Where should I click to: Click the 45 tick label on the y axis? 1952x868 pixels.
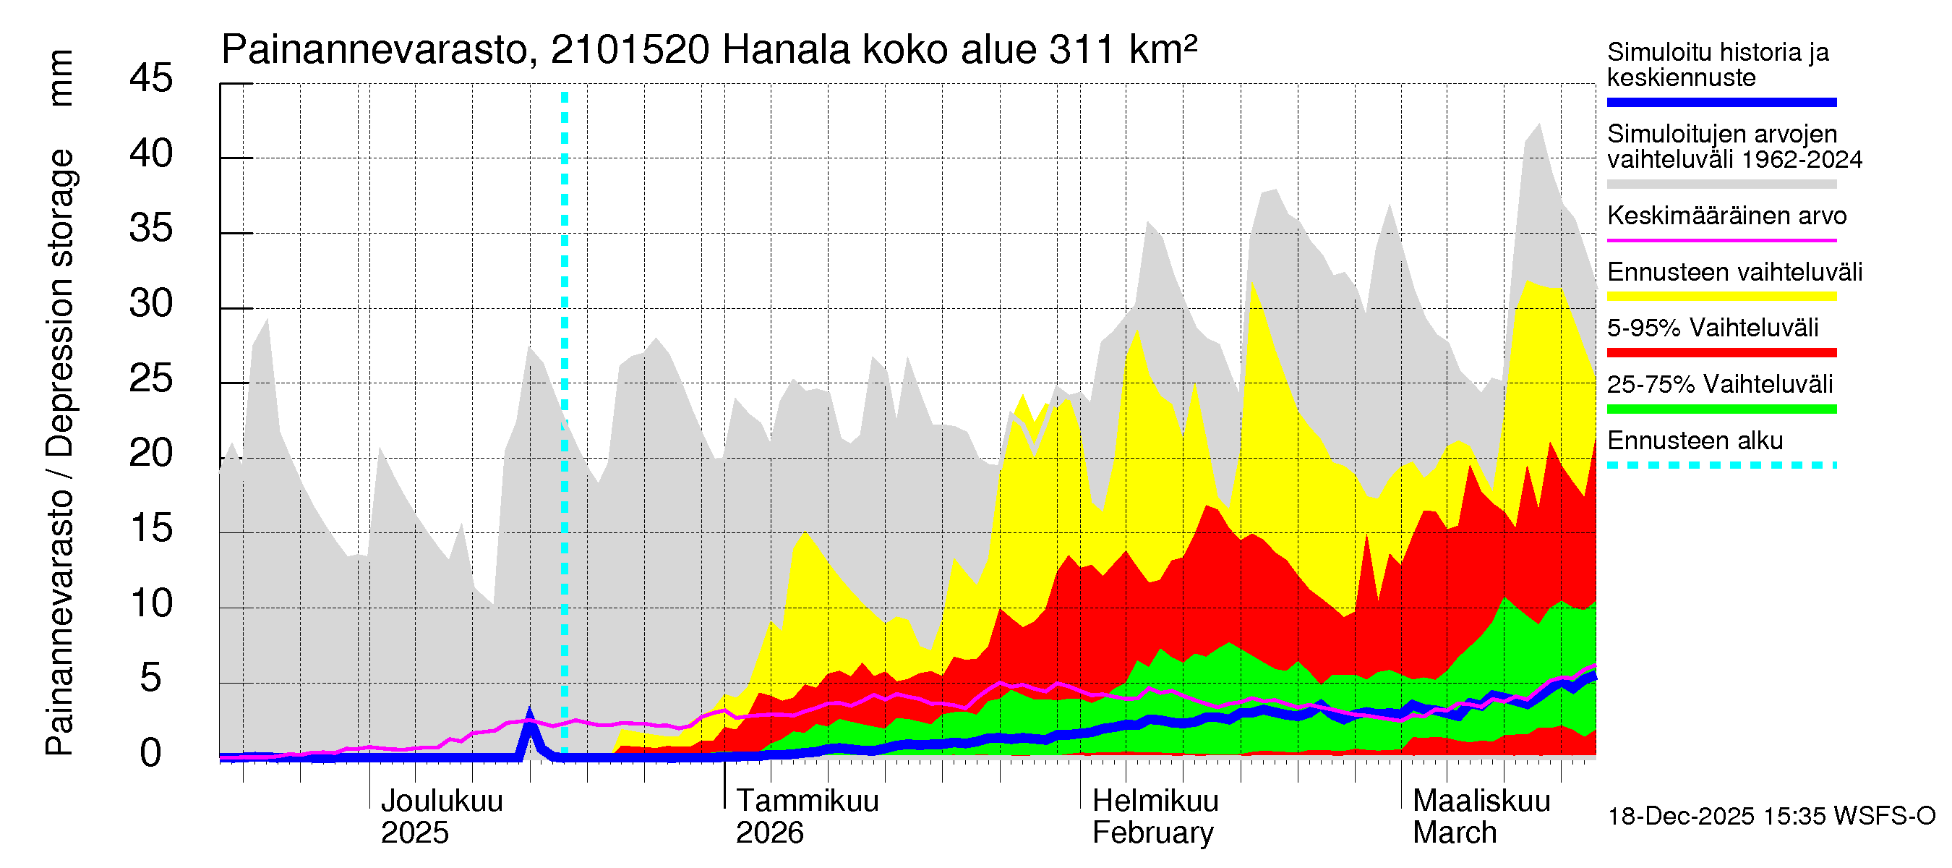click(151, 79)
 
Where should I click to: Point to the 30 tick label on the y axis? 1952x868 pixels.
click(151, 304)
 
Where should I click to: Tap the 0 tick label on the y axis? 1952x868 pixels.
click(151, 754)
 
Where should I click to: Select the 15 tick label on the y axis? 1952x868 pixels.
click(151, 528)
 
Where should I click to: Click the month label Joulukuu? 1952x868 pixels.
click(441, 801)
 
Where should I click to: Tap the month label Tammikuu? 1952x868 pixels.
click(807, 801)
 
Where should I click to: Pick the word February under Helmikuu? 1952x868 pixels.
click(1152, 833)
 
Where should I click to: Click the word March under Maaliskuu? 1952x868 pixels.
click(1454, 833)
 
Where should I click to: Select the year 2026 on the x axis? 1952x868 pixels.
click(769, 833)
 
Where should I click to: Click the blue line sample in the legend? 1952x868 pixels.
click(1721, 102)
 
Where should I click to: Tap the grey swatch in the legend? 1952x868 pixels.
click(1721, 184)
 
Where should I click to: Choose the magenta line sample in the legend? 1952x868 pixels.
click(1721, 240)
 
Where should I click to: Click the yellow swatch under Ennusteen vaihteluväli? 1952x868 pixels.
click(1721, 297)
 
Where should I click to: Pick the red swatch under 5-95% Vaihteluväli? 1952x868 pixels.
click(1721, 352)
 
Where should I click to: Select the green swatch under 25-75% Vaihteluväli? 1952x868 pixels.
click(1721, 409)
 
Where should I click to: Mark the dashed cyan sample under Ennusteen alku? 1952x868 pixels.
click(1721, 464)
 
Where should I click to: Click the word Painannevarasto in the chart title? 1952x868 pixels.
click(374, 51)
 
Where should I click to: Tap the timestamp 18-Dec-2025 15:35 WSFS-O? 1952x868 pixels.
click(1771, 817)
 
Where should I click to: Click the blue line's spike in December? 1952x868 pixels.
click(530, 716)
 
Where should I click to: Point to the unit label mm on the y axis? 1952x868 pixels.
click(61, 78)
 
